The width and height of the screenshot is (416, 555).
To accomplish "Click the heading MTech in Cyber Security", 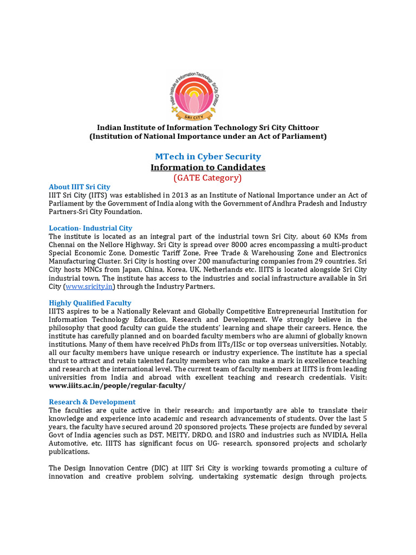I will pyautogui.click(x=208, y=157).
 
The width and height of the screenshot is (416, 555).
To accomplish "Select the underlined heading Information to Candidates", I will pyautogui.click(x=208, y=167).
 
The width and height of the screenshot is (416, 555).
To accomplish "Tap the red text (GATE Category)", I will pyautogui.click(x=208, y=178).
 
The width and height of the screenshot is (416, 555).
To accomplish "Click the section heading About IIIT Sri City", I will pyautogui.click(x=79, y=187).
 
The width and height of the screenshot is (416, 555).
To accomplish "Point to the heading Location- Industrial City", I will pyautogui.click(x=90, y=228).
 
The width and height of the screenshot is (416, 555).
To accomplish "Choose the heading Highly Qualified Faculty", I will pyautogui.click(x=90, y=303).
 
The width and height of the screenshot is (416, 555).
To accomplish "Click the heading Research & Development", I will pyautogui.click(x=92, y=402).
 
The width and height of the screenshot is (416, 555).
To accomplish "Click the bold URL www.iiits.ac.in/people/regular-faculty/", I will pyautogui.click(x=117, y=386).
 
